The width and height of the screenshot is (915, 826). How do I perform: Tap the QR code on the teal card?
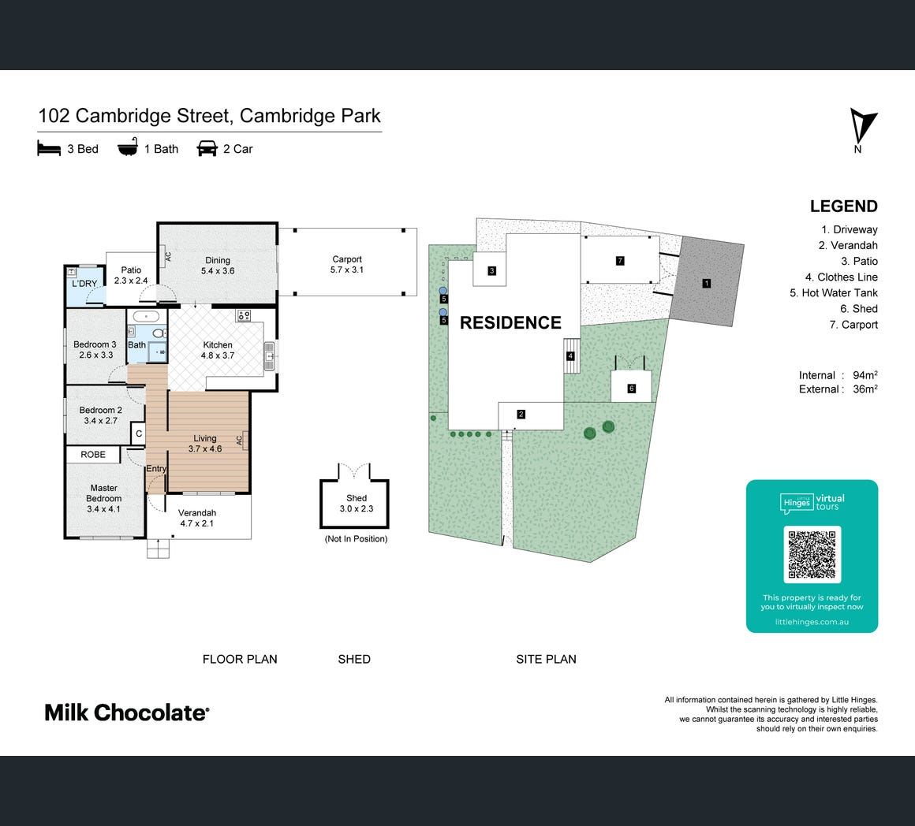point(812,554)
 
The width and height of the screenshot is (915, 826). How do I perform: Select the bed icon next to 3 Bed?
point(49,149)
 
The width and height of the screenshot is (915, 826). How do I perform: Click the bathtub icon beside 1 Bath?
point(128,148)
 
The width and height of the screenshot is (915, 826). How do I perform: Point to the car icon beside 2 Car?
point(207,149)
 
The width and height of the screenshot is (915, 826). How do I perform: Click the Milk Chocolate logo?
point(127,713)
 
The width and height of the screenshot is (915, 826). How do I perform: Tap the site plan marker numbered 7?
point(620,261)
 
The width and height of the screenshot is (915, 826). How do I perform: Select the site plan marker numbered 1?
point(707,283)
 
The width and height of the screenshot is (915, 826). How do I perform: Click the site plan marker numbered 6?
point(631,389)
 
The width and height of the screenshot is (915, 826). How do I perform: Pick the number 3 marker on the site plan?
point(492,270)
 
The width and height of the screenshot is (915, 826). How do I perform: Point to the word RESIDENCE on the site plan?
point(510,322)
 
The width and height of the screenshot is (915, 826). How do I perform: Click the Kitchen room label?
point(218,345)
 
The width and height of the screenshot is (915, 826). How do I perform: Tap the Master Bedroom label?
point(104,493)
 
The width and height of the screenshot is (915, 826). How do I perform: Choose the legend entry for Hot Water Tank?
point(834,292)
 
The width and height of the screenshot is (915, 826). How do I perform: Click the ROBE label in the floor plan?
point(93,455)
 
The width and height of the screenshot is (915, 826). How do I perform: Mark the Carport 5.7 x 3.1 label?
point(347,264)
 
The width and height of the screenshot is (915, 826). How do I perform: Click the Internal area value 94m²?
point(865,375)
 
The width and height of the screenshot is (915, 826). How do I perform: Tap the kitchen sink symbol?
point(269,355)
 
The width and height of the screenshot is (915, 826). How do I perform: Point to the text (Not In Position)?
point(356,538)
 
